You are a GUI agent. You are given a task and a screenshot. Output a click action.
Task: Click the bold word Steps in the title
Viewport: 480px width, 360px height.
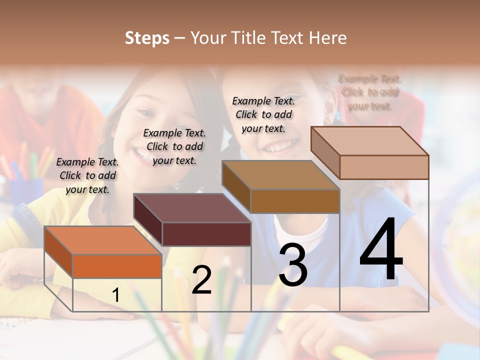(x=147, y=38)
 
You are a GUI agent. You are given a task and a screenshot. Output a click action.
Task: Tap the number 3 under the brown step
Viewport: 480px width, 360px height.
(x=292, y=264)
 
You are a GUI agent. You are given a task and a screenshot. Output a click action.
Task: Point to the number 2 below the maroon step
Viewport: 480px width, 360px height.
(x=201, y=280)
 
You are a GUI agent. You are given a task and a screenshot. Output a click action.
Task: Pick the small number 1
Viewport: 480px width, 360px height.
(x=115, y=295)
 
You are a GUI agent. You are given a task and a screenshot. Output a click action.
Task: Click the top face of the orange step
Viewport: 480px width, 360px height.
(x=103, y=240)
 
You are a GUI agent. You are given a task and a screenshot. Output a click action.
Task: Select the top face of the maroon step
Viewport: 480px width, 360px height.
(x=192, y=208)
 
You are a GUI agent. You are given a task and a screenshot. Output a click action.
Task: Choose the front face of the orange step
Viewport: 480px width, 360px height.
(x=117, y=266)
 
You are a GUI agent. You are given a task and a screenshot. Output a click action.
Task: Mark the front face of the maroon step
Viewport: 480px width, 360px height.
(x=206, y=234)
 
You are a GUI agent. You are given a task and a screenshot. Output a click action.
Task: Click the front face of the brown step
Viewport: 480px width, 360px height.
(x=295, y=201)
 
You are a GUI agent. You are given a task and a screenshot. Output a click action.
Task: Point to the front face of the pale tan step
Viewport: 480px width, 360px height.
(x=384, y=167)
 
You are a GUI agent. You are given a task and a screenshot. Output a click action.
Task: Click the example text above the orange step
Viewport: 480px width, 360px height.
(x=87, y=175)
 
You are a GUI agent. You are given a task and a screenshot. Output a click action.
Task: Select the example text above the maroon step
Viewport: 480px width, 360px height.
(x=174, y=146)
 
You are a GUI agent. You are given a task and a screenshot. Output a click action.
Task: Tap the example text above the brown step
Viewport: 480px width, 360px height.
(x=263, y=114)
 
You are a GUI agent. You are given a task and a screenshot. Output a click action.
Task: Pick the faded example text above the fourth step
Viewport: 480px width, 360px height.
(x=369, y=92)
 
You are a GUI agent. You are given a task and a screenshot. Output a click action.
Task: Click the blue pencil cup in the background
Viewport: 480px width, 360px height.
(x=25, y=192)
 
